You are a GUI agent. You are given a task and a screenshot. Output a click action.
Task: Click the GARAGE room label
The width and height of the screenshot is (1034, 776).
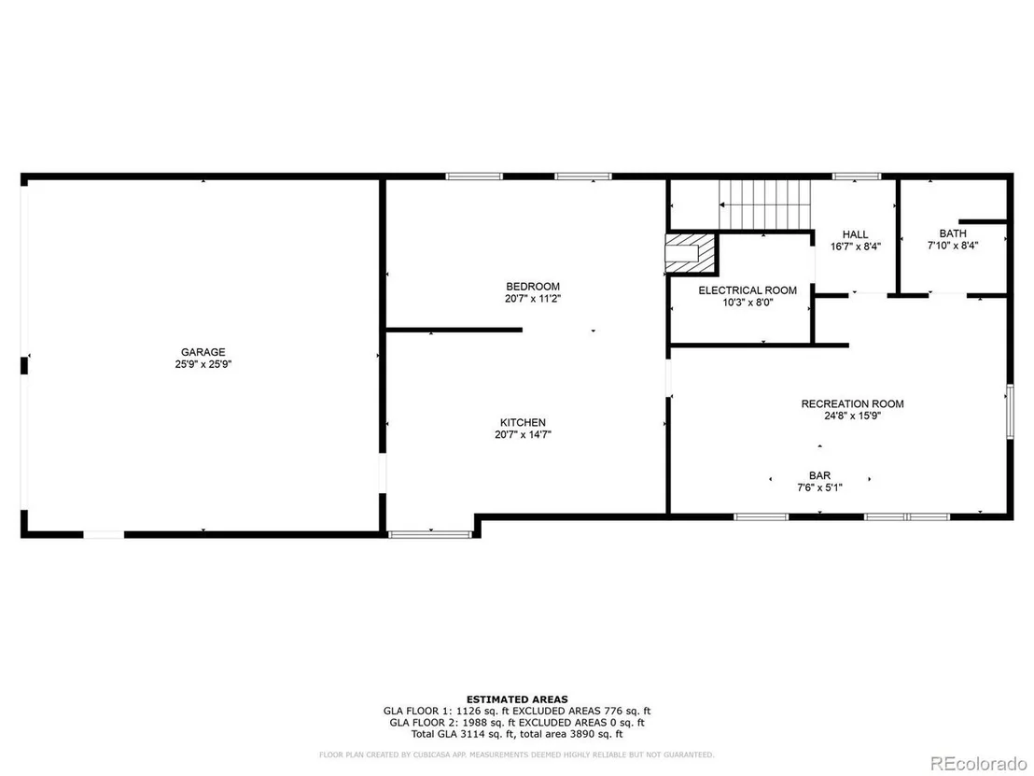[203, 352]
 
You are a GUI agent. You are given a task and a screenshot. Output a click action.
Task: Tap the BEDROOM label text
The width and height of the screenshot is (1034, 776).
[533, 287]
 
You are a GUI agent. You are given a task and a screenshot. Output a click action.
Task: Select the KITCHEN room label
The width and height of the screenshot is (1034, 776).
[523, 422]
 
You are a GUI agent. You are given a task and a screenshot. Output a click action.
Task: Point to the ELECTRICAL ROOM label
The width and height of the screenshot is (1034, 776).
[748, 290]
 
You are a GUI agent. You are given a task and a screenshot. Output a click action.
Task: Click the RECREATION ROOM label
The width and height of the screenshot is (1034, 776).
[852, 403]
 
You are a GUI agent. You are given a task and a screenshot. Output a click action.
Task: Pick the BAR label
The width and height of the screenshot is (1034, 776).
[819, 475]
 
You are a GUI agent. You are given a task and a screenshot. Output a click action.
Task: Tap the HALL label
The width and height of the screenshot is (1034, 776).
[856, 234]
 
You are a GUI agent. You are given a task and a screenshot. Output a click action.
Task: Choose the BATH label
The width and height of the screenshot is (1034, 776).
[953, 233]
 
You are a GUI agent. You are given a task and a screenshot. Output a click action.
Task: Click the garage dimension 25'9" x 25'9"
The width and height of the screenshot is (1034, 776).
[203, 364]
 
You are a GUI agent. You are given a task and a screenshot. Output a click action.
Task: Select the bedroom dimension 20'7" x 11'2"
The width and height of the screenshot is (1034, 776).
[533, 299]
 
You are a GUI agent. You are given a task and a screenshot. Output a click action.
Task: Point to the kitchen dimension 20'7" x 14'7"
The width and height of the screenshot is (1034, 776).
[523, 435]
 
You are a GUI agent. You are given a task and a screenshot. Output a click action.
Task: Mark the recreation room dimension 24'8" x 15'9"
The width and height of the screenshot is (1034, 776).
[852, 416]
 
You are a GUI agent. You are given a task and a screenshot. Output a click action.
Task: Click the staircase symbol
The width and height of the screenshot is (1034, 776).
[765, 205]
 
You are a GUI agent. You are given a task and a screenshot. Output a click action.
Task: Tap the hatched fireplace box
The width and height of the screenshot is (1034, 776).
[691, 253]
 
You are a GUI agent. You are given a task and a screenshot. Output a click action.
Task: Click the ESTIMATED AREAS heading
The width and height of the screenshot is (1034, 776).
[517, 699]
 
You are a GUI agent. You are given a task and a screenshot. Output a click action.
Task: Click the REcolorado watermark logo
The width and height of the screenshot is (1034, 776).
[979, 764]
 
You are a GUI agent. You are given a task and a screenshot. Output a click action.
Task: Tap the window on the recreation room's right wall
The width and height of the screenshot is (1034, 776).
[1010, 412]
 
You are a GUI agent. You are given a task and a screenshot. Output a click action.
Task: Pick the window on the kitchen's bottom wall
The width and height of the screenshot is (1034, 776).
[430, 534]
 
